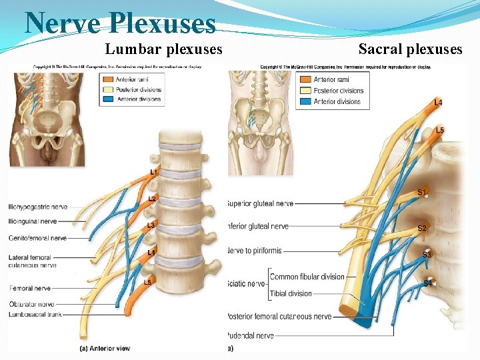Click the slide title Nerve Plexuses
click(120, 24)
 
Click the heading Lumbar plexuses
click(164, 49)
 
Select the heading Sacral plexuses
click(410, 49)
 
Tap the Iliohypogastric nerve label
click(39, 206)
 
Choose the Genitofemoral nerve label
click(39, 238)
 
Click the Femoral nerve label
click(31, 289)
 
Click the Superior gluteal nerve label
click(261, 203)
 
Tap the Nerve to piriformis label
click(255, 251)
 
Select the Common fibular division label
click(307, 277)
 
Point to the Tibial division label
click(291, 293)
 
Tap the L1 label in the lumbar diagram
click(154, 172)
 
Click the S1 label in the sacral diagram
click(422, 193)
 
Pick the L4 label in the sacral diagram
click(438, 103)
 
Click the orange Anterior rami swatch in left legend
click(107, 80)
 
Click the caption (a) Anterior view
click(105, 348)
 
